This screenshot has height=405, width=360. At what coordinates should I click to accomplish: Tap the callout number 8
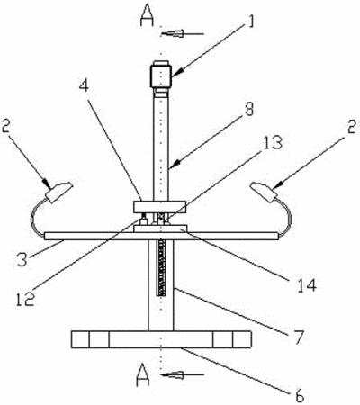click(249, 110)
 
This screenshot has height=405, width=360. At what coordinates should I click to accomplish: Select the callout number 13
click(273, 142)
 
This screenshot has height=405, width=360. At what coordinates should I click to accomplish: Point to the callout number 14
click(307, 285)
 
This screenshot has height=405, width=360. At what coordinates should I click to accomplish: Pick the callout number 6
click(299, 395)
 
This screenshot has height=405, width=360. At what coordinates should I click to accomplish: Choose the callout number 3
click(22, 259)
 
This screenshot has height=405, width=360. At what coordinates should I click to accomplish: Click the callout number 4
click(84, 85)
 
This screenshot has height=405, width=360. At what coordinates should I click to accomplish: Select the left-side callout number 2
click(6, 126)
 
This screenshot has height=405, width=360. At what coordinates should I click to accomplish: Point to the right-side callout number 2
click(351, 126)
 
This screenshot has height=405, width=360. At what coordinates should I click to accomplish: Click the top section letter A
click(147, 16)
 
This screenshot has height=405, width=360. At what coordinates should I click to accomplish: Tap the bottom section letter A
click(142, 374)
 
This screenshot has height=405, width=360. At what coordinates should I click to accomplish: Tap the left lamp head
click(58, 193)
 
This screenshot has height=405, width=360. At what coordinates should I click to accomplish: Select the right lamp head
click(265, 192)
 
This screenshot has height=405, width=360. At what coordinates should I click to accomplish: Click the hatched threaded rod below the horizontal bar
click(161, 268)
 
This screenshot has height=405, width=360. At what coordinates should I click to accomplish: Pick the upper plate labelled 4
click(159, 207)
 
